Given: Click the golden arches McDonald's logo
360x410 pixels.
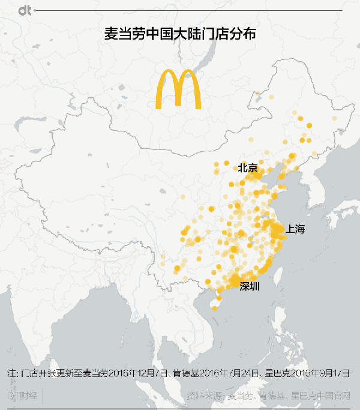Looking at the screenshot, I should point(178,89).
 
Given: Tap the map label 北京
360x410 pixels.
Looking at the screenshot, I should point(248,168).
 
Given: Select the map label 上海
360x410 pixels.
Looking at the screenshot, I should point(296,229).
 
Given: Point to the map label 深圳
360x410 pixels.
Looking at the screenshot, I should point(250,286).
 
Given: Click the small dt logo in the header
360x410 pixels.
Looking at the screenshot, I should point(25,11).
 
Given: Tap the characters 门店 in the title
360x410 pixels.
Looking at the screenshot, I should point(212,35).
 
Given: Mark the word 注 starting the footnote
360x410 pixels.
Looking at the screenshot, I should point(11,373).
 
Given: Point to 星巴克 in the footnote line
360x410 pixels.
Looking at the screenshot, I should point(275,373).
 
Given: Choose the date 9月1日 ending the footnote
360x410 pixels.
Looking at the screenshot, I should point(337,373).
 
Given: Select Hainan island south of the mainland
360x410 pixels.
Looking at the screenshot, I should point(214,307).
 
